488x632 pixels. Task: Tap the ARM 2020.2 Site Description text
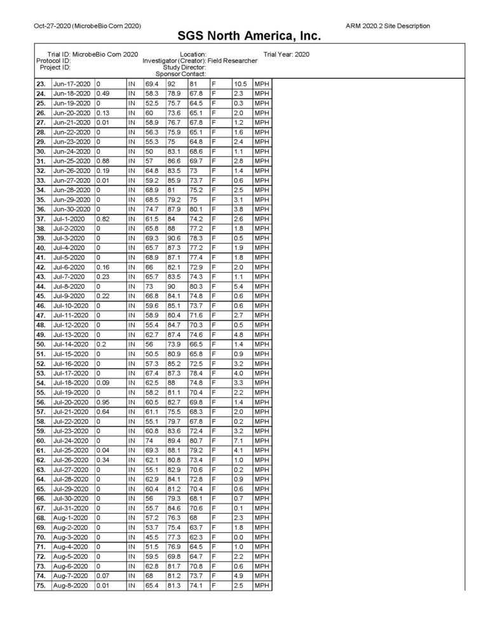(388, 25)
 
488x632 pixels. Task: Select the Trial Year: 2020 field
(286, 54)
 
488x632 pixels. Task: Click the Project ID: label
(55, 67)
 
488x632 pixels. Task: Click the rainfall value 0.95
(102, 402)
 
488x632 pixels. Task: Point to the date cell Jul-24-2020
(72, 441)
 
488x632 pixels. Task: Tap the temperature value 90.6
(174, 238)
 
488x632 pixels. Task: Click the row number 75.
(41, 586)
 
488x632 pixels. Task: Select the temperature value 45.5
(151, 537)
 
